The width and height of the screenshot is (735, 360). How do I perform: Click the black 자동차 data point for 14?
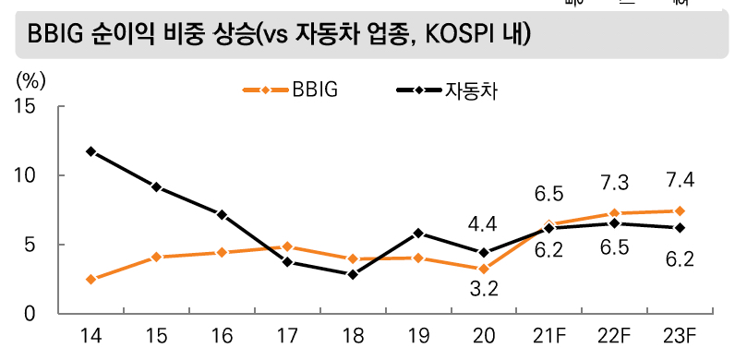(x=90, y=151)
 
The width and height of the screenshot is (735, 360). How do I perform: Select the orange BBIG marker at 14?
(x=90, y=279)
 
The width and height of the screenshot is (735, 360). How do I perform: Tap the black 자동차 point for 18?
(x=353, y=274)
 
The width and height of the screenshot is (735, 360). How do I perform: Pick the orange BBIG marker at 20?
(x=484, y=269)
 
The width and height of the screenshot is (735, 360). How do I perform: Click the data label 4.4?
(x=483, y=223)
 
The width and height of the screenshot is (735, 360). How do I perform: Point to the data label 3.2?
(x=483, y=289)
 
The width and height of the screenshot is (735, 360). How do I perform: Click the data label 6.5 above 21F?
(x=548, y=194)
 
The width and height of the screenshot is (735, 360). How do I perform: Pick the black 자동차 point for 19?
(x=418, y=233)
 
